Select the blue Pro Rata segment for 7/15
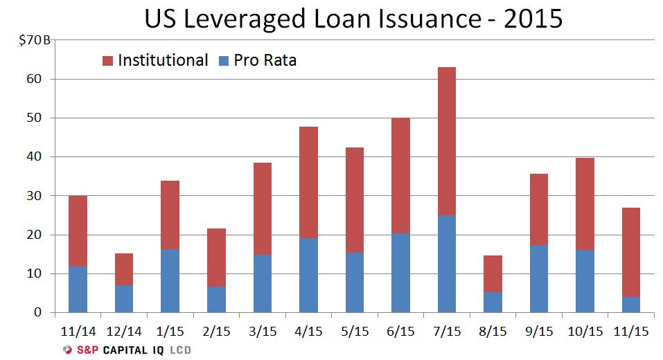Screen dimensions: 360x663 pos(446,264)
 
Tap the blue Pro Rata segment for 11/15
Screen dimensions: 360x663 pos(630,305)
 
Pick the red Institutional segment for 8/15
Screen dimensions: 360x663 pos(492,273)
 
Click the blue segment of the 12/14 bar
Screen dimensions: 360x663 pos(123,298)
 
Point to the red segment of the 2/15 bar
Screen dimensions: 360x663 pos(216,257)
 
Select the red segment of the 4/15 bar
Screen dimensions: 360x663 pos(308,182)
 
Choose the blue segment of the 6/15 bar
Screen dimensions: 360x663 pos(400,273)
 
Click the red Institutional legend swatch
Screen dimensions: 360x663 pos(107,61)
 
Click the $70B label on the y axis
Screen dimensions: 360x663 pos(33,40)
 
